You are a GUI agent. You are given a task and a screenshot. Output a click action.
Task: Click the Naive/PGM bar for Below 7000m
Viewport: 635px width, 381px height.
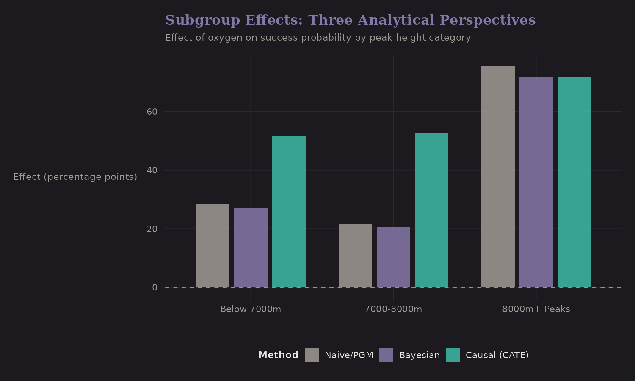click(213, 246)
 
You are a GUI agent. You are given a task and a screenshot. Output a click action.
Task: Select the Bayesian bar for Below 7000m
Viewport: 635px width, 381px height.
click(251, 248)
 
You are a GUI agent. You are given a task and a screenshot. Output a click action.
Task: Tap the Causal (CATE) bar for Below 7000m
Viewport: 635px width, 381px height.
click(289, 212)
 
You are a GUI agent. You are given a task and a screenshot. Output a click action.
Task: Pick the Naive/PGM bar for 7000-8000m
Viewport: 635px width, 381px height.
click(355, 256)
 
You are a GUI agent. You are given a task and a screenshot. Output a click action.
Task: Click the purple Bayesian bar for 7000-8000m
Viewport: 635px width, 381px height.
click(393, 257)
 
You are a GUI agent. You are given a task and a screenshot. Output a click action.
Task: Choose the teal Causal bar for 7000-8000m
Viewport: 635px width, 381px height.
click(431, 210)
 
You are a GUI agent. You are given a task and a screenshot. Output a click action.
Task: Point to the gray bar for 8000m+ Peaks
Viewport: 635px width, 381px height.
click(498, 177)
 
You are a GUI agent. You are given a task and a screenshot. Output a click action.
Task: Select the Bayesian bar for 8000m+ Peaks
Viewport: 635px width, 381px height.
click(536, 182)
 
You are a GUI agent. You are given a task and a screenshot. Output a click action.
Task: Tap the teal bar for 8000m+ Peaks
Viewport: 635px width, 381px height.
click(574, 182)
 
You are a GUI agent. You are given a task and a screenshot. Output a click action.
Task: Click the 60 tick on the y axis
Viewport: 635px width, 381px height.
click(152, 112)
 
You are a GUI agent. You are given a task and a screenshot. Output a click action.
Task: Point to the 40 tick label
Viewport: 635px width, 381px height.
click(152, 170)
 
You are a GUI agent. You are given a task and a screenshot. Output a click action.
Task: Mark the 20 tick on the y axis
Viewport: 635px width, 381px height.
click(152, 229)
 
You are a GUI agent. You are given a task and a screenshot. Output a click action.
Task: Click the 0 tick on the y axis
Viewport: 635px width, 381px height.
click(155, 287)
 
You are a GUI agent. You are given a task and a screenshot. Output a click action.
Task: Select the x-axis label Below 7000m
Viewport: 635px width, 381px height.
click(251, 309)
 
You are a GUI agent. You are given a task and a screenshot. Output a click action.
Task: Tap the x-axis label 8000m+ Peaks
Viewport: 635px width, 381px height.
click(536, 309)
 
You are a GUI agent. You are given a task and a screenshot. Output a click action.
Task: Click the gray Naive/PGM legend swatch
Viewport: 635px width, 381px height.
click(312, 355)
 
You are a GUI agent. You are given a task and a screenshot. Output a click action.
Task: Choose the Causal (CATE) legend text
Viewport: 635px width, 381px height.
click(497, 355)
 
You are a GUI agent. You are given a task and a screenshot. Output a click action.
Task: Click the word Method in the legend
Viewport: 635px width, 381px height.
click(278, 355)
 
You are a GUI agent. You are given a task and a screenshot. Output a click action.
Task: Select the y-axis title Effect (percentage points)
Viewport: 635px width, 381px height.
click(75, 177)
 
